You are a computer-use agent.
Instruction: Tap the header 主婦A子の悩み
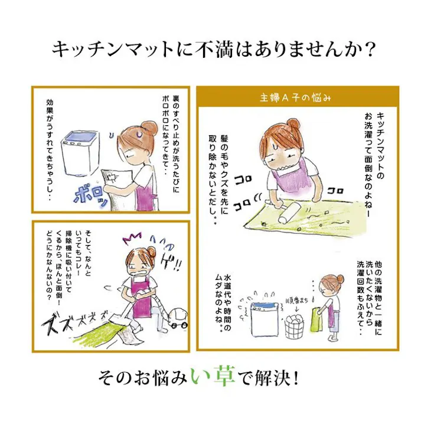[x=296, y=98]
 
